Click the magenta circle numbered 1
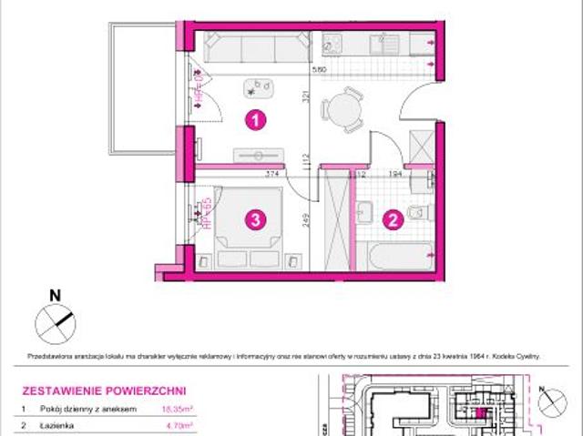[x=259, y=119]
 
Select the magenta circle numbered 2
[x=393, y=218]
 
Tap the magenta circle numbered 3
[x=258, y=218]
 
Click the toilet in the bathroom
[x=418, y=212]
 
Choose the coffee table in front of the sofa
[x=259, y=87]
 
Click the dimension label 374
[x=271, y=173]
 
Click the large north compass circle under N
[x=53, y=319]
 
